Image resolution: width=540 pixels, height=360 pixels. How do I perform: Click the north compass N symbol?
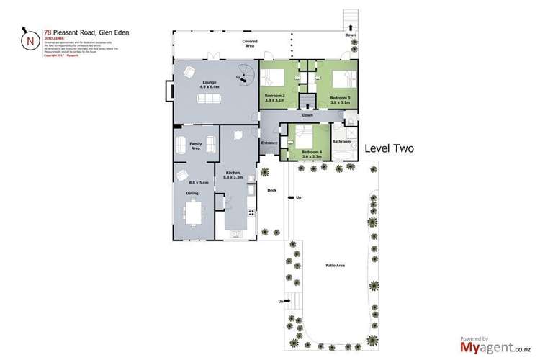[x=30, y=41]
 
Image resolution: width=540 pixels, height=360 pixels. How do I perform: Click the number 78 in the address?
[x=47, y=32]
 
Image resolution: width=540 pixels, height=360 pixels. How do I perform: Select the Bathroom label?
[x=341, y=142]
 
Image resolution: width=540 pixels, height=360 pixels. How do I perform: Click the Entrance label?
[x=269, y=143]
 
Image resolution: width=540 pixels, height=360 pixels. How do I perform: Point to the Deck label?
[x=271, y=190]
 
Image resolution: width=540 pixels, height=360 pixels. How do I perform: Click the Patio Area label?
[x=335, y=266]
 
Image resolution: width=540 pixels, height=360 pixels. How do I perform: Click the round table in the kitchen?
[x=236, y=135]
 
